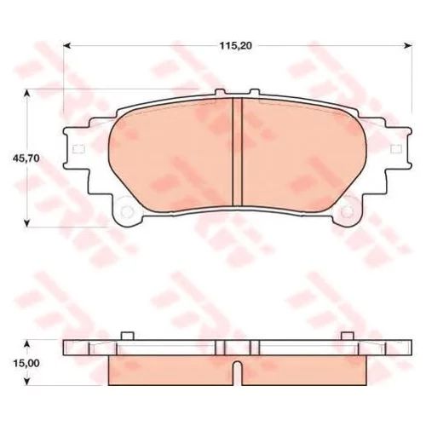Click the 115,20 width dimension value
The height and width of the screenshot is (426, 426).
pos(236,46)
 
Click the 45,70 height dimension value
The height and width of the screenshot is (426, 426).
pos(26,158)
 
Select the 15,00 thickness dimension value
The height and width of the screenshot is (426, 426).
pos(26,363)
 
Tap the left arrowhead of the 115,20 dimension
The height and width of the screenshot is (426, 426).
pos(67,45)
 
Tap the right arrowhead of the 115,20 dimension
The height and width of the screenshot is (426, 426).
pos(408,45)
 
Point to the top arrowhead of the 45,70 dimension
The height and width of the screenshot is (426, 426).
pos(26,94)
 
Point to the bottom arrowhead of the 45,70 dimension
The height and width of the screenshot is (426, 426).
pos(26,222)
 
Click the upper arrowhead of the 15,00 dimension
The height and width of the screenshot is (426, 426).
pos(26,344)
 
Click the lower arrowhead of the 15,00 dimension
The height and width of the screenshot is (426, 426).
pos(26,382)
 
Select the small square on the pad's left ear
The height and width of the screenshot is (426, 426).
pos(78,149)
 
